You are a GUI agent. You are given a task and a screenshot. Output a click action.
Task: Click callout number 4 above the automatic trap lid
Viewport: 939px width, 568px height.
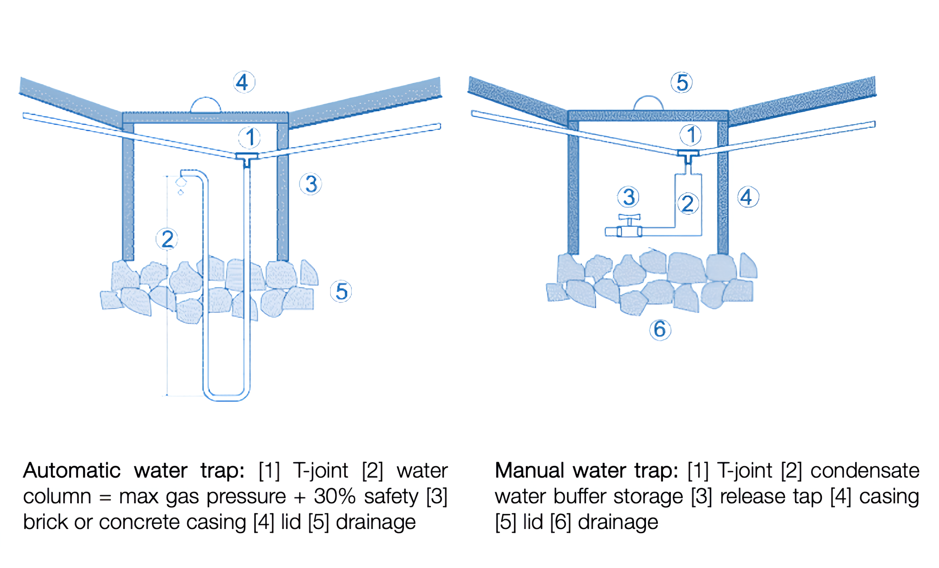click(243, 83)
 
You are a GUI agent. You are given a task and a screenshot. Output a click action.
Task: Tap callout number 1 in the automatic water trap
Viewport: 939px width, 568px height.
click(249, 137)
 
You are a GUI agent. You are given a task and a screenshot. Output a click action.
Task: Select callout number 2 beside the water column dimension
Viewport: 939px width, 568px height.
click(167, 239)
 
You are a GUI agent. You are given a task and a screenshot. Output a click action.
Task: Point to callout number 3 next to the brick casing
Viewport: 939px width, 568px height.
click(310, 184)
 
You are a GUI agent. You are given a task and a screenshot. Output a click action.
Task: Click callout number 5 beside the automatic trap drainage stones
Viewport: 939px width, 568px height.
click(341, 292)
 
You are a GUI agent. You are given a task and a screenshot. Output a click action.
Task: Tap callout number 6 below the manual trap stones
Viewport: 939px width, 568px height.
click(660, 329)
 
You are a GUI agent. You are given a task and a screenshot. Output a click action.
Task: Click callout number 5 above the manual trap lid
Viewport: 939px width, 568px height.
click(681, 83)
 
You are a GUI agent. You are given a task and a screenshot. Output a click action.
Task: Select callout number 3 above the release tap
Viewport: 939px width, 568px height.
click(628, 197)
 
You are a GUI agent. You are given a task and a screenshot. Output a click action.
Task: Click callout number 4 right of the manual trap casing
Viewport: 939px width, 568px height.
click(747, 197)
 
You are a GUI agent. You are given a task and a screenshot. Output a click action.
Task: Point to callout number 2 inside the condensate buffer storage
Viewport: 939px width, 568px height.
click(688, 204)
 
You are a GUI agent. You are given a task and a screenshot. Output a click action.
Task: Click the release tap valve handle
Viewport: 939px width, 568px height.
click(629, 217)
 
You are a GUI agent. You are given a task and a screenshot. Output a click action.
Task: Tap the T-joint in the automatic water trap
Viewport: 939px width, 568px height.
click(247, 158)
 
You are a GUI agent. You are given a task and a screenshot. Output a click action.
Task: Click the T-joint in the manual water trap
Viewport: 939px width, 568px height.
click(688, 155)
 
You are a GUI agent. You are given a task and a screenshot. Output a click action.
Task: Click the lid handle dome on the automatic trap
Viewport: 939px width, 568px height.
click(205, 105)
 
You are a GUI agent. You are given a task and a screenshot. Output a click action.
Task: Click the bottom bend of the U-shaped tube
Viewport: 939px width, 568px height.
click(226, 397)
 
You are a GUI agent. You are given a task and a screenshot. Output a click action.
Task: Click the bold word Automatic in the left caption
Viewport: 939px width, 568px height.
click(72, 471)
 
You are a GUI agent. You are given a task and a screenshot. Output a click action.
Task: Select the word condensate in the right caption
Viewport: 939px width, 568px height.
click(865, 471)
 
